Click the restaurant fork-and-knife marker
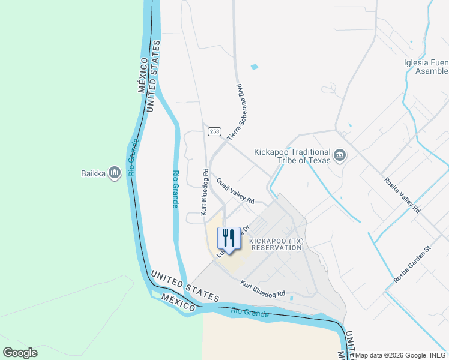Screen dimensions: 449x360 (228, 238)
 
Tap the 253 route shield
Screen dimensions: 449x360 (215, 131)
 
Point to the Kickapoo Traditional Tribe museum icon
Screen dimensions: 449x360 (340, 155)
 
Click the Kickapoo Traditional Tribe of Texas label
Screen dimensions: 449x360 (292, 156)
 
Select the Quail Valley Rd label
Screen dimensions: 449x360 (236, 191)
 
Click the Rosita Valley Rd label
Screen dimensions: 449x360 (402, 192)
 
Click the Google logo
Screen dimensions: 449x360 (20, 353)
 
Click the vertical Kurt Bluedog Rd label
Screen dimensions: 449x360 (205, 191)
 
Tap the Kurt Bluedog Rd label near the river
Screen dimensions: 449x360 (262, 289)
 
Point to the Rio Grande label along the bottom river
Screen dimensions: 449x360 (249, 313)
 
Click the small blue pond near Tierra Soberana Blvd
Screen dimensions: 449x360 (254, 67)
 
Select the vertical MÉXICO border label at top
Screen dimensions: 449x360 (142, 75)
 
